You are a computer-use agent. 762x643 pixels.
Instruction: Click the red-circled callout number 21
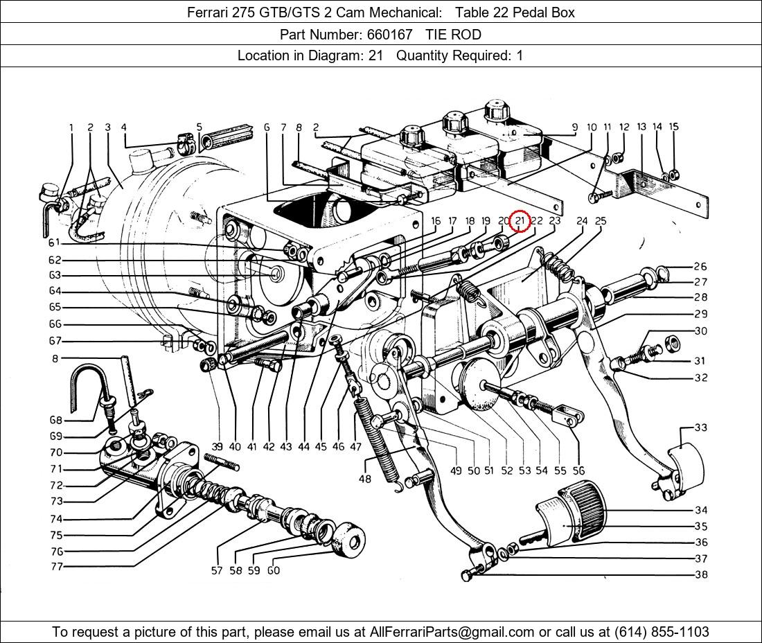click(x=520, y=221)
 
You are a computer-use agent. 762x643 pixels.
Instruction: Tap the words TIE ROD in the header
click(x=453, y=34)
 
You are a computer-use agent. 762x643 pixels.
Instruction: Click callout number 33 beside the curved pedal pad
click(x=700, y=428)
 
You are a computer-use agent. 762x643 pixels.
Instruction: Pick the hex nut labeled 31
click(x=671, y=342)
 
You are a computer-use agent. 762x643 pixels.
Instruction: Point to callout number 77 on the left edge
click(x=56, y=567)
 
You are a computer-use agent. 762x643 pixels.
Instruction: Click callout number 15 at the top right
click(x=673, y=127)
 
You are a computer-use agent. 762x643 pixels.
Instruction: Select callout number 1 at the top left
click(x=71, y=127)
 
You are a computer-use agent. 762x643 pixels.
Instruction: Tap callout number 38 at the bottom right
click(x=700, y=574)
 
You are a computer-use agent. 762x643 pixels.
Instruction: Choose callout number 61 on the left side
click(x=55, y=243)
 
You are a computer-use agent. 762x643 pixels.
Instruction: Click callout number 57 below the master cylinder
click(x=218, y=571)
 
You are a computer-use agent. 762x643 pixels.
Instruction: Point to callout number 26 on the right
click(x=700, y=266)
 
